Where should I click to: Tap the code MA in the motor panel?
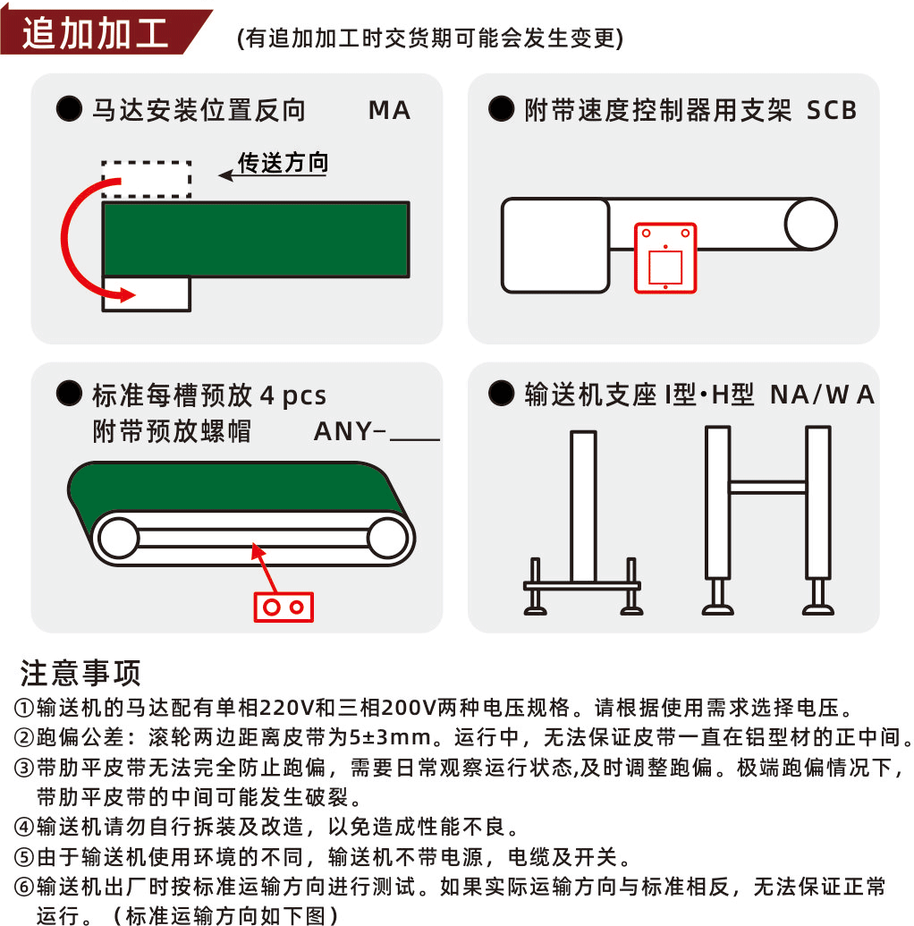click(389, 110)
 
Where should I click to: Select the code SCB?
click(832, 110)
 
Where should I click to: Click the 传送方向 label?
click(283, 163)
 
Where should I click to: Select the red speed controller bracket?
click(665, 258)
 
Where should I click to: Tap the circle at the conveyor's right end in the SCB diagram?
click(810, 224)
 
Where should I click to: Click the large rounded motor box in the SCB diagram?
click(555, 246)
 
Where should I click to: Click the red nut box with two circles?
click(284, 607)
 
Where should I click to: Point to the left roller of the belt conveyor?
click(119, 538)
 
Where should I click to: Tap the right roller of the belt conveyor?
click(387, 538)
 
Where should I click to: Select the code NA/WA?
click(822, 395)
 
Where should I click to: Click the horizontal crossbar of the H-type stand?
click(767, 487)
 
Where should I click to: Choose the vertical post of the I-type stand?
click(583, 506)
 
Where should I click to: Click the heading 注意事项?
click(80, 673)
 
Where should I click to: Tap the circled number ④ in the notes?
click(24, 827)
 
